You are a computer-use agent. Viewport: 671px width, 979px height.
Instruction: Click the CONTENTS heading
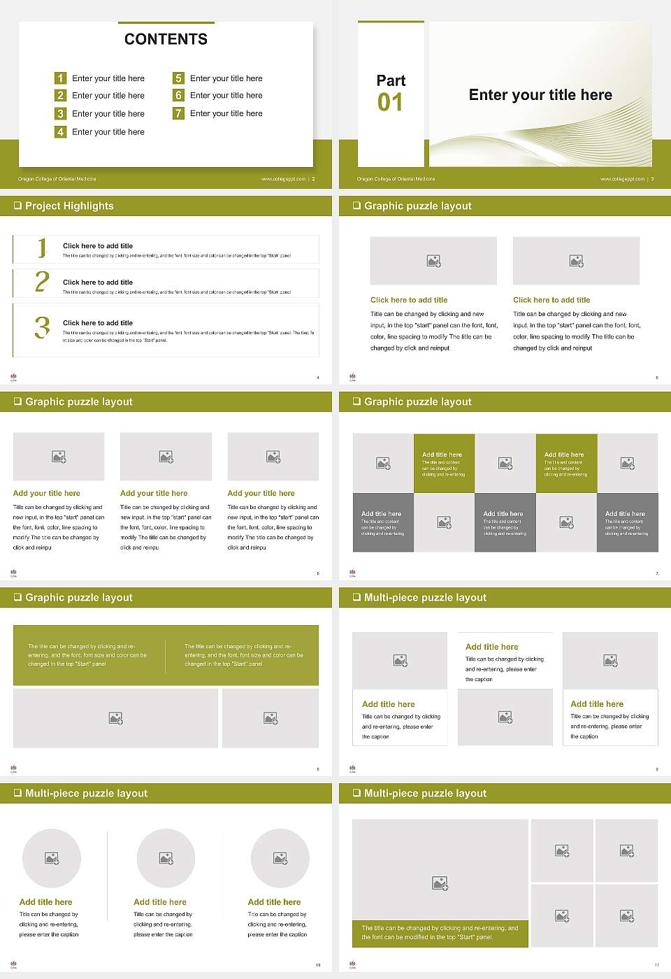(166, 39)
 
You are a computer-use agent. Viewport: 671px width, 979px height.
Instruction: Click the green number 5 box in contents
(178, 78)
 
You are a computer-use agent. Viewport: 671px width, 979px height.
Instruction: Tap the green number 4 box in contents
(60, 131)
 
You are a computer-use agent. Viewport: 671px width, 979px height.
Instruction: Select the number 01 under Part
(390, 103)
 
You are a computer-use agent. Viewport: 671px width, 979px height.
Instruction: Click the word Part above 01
(391, 80)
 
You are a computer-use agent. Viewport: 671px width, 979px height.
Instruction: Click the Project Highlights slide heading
(69, 206)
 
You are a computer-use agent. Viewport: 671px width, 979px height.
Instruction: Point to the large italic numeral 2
(42, 282)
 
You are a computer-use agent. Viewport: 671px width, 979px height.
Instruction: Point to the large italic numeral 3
(42, 327)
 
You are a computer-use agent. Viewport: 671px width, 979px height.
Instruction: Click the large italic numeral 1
(42, 248)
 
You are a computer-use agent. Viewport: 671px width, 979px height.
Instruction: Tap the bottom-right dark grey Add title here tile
(627, 522)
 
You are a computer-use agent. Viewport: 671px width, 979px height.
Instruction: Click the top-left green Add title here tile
(444, 464)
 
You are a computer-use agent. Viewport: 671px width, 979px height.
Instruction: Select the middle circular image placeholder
(166, 858)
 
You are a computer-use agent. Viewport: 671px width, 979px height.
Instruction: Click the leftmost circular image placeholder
(52, 858)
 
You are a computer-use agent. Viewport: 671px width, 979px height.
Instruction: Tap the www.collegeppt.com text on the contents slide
(283, 179)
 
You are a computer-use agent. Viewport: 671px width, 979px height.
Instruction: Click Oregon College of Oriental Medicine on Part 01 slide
(396, 179)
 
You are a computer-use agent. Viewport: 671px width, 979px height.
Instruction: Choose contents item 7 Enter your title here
(226, 113)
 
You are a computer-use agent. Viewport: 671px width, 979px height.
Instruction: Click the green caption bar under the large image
(440, 933)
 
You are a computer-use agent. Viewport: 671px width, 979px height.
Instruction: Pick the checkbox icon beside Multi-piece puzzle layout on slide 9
(356, 597)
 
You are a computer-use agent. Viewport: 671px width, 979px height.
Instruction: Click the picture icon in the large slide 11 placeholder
(440, 884)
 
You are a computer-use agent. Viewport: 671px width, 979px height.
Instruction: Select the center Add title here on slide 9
(491, 647)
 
